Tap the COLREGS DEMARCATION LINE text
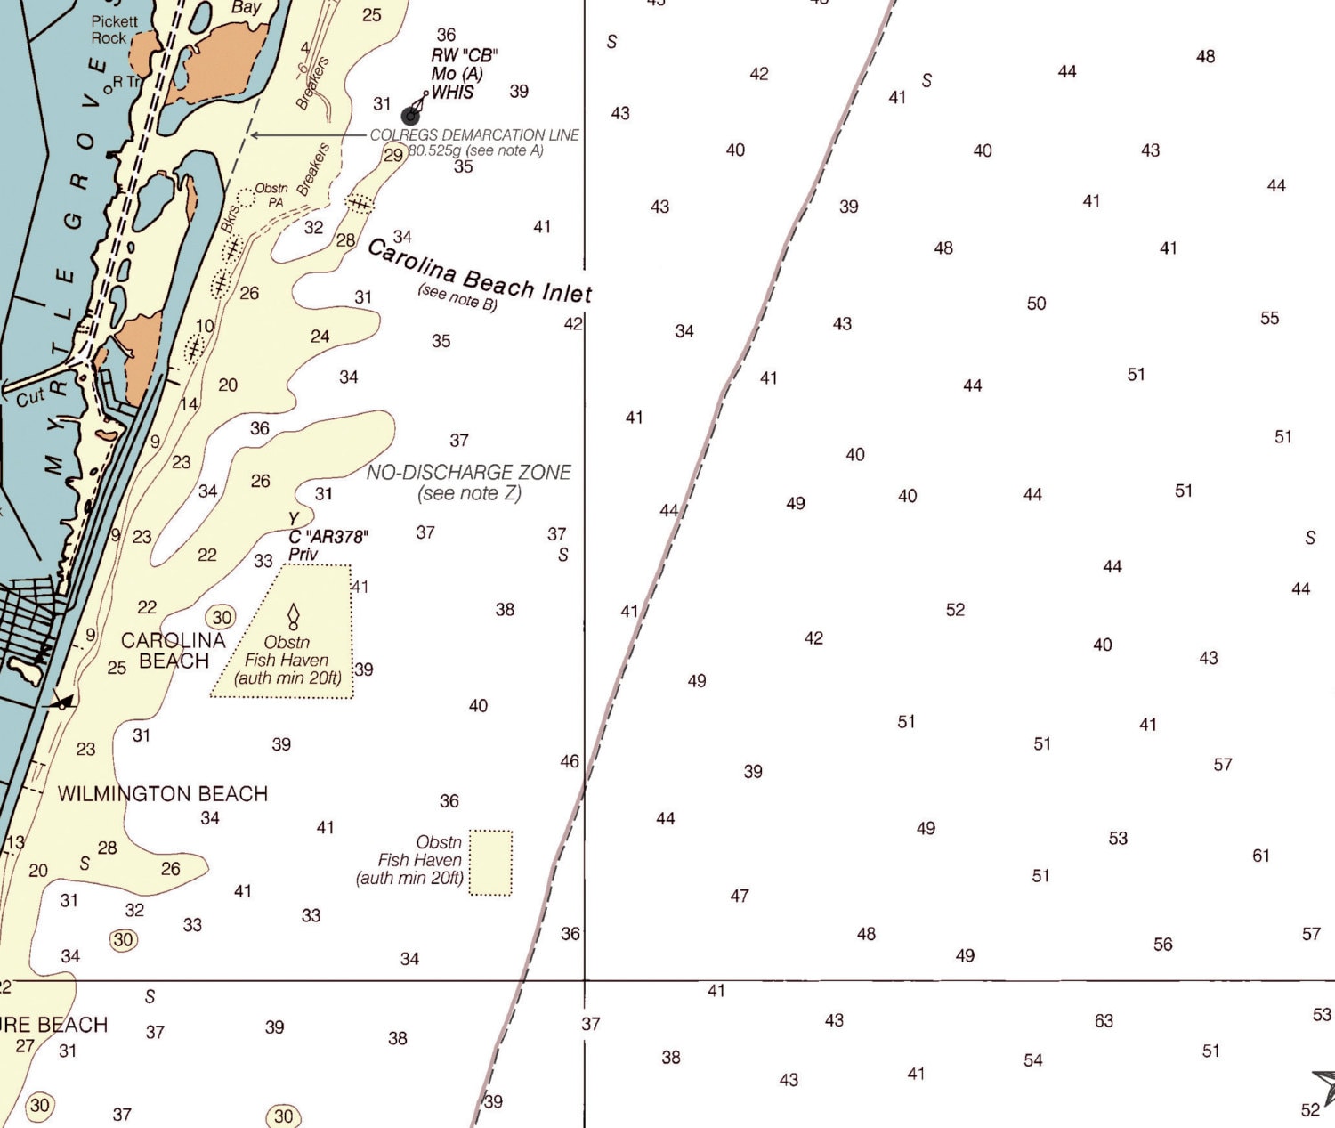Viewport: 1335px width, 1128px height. (474, 135)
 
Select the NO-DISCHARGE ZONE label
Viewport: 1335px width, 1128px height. (468, 473)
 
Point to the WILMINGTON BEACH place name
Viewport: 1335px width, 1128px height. (162, 793)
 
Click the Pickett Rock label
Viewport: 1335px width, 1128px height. (114, 29)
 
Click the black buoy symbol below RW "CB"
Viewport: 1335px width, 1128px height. (410, 115)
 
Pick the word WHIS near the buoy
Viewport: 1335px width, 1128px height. (453, 93)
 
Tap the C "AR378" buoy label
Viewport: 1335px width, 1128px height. (328, 537)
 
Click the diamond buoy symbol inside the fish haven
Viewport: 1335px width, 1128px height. (293, 615)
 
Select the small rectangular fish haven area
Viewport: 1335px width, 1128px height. (490, 862)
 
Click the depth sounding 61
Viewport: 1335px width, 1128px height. (1261, 856)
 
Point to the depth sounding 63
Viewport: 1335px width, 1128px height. (1104, 1020)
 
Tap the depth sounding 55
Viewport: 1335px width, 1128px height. (1269, 318)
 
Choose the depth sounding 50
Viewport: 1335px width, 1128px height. (1036, 304)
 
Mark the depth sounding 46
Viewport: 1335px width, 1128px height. (570, 761)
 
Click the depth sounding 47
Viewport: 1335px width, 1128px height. (740, 896)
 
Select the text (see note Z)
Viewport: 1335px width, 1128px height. (469, 493)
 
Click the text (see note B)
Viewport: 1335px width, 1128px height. (457, 296)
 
